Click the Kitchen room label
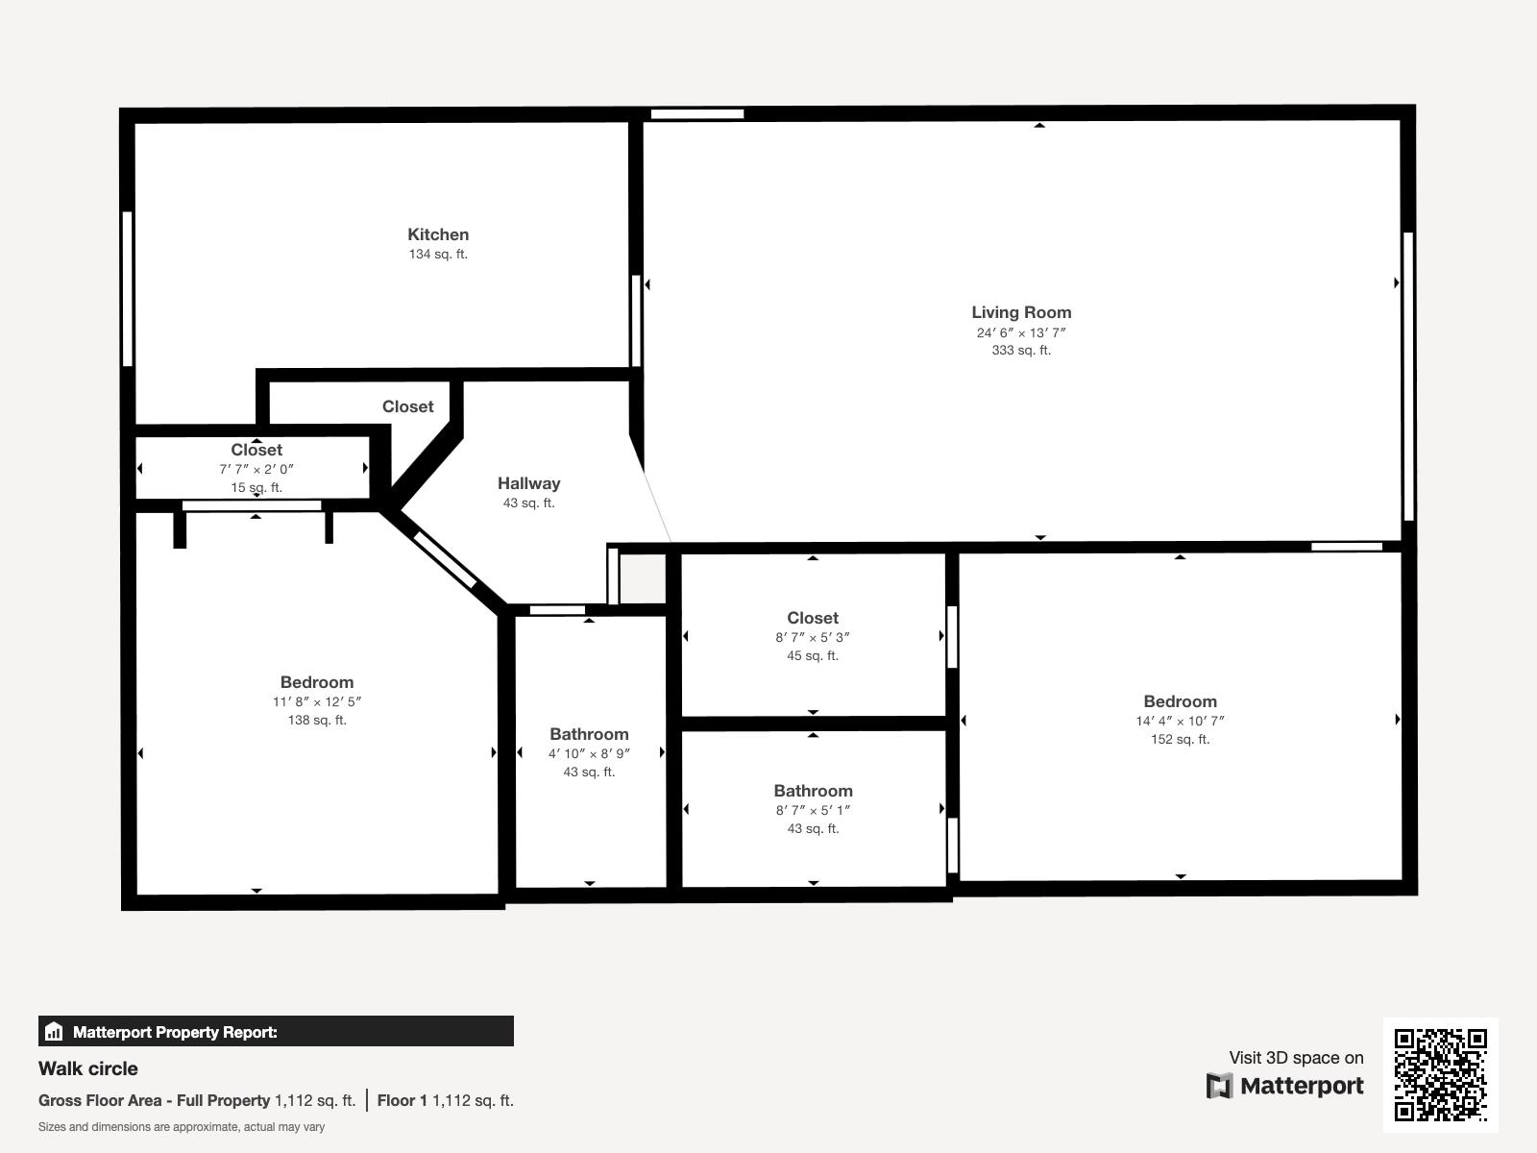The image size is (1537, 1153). pos(438,234)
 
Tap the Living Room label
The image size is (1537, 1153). pos(1021,312)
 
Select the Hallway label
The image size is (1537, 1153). pos(528,483)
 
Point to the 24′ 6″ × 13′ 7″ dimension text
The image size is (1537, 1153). pos(1021,332)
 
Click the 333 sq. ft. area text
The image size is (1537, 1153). pos(1021,350)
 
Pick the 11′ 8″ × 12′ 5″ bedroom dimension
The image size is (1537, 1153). pos(317,701)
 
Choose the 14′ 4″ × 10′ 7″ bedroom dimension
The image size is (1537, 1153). pos(1180,721)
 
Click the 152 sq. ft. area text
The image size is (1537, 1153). pos(1180,739)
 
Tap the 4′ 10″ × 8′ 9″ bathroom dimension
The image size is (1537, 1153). pos(589,753)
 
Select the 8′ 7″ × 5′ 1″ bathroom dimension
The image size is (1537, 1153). pos(813,810)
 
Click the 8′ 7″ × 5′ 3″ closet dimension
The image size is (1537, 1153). pos(813,637)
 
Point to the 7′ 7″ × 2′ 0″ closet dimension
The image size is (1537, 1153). pos(256,469)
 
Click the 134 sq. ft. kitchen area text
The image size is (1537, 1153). pos(438,254)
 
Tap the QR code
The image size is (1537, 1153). pos(1440,1074)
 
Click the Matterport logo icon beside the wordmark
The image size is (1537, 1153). pos(1219,1086)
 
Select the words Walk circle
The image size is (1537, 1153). pos(88,1068)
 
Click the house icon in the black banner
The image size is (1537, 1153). pos(54,1031)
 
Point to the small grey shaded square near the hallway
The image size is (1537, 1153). pos(642,578)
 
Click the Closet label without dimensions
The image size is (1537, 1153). pos(407,406)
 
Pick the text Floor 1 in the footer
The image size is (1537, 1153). pos(402,1100)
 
